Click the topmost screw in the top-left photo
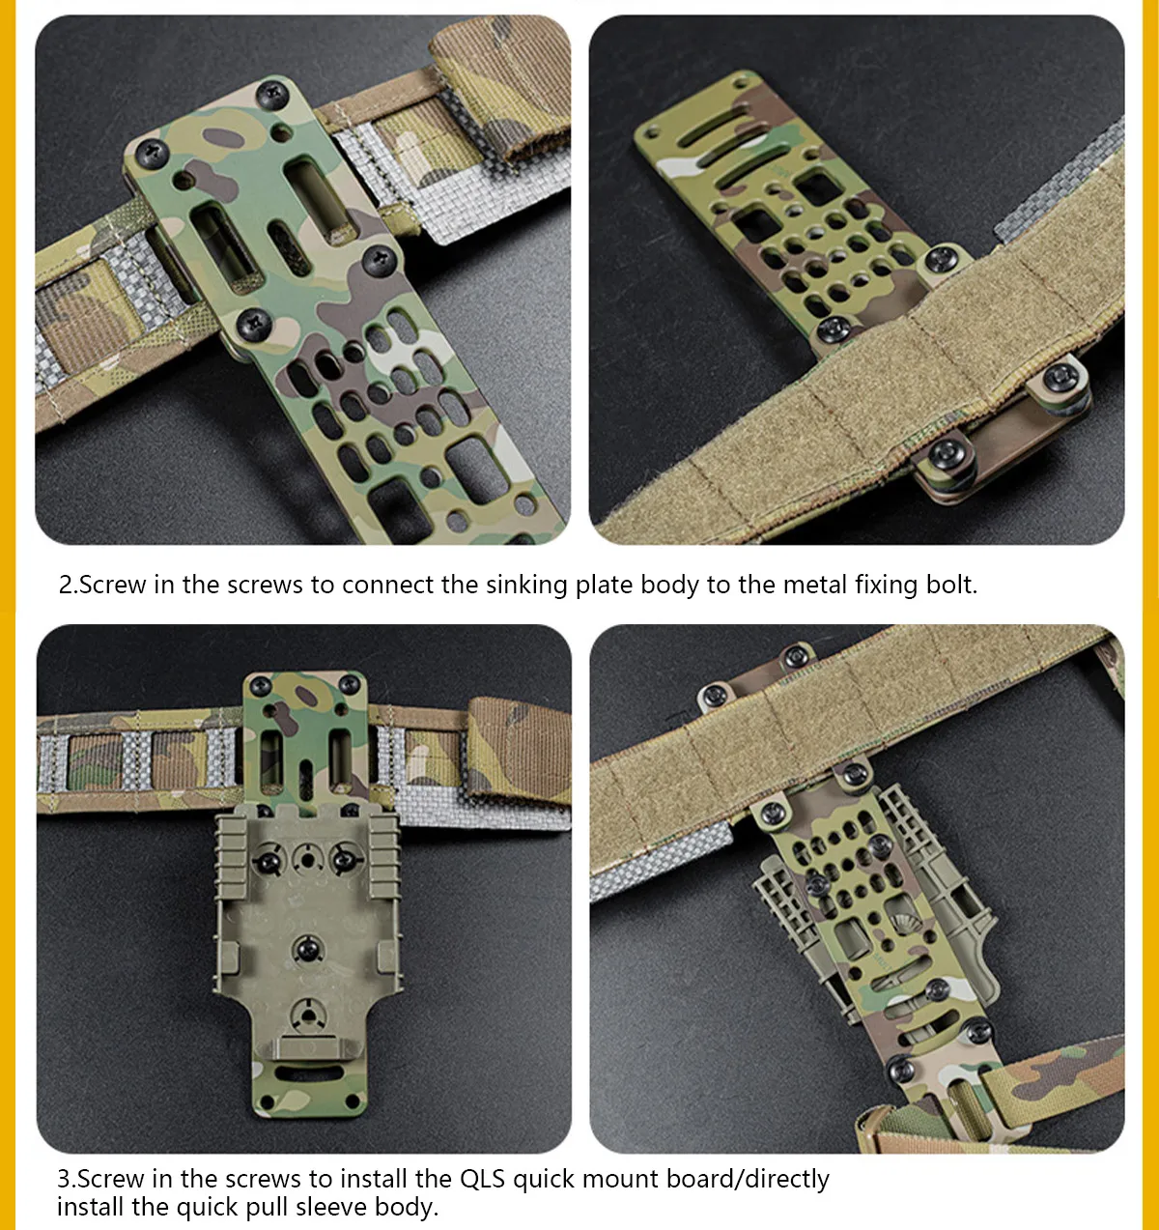point(272,94)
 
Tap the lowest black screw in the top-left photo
point(252,323)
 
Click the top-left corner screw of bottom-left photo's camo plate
point(260,686)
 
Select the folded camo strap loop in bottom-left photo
point(517,749)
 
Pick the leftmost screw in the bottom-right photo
point(713,694)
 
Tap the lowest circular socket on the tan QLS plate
point(307,1013)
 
